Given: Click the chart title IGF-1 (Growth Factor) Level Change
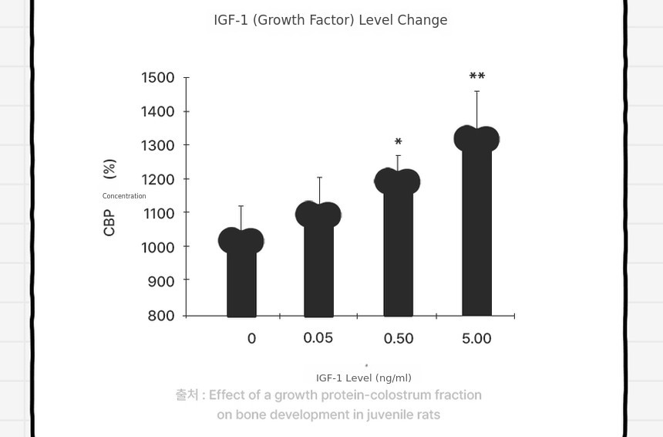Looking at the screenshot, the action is click(331, 20).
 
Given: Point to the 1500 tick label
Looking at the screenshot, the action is click(157, 77).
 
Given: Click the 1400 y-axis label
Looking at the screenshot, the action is click(157, 111).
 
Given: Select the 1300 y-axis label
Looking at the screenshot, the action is click(157, 145).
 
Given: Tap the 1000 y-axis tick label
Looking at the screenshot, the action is click(157, 247).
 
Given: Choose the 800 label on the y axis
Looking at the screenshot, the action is click(160, 316).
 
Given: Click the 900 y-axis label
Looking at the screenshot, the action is click(160, 281).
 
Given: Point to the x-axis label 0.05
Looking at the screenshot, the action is click(318, 338).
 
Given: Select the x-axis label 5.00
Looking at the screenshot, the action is click(476, 338).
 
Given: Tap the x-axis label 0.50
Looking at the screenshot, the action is click(399, 338).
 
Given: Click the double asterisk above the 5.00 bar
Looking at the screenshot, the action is click(477, 76).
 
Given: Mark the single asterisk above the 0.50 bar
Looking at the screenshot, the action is click(398, 142).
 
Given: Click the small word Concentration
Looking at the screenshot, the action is click(124, 195).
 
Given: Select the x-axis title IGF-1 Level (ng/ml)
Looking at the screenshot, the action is click(364, 378).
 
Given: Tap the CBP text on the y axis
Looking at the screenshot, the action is click(109, 222).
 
